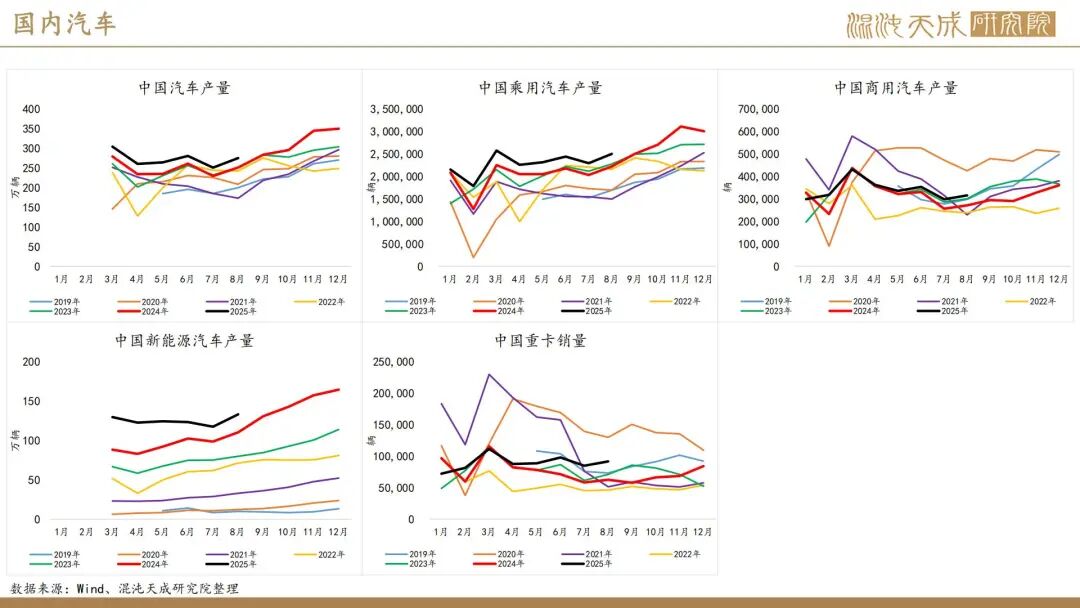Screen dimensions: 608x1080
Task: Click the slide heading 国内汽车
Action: point(65,24)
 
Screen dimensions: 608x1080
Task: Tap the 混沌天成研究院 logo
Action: point(950,24)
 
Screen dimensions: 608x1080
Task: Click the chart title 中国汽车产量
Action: point(184,88)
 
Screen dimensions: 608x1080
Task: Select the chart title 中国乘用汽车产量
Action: point(540,88)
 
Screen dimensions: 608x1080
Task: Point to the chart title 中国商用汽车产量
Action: point(896,88)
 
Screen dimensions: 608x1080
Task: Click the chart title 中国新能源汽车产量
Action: point(184,341)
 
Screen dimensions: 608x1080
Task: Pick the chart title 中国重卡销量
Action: point(540,341)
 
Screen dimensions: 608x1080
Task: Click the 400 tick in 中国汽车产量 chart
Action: point(31,109)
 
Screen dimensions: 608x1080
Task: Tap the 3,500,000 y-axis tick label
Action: point(396,109)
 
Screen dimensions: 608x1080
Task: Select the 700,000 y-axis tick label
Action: point(758,109)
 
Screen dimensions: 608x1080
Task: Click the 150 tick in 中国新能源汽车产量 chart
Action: point(31,402)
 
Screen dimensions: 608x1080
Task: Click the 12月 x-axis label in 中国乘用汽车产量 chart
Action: point(703,278)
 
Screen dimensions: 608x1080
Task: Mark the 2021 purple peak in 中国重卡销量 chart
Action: point(489,375)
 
